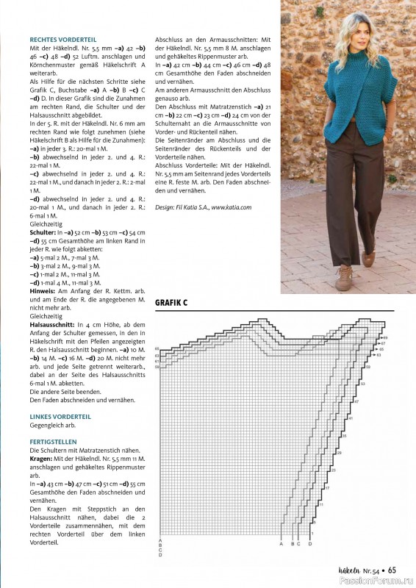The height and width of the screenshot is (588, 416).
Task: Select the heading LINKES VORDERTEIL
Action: [60, 416]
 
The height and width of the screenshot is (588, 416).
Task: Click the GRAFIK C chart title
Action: [178, 302]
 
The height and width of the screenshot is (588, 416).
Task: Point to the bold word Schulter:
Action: [42, 232]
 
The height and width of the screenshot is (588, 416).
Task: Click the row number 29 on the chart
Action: [333, 469]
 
